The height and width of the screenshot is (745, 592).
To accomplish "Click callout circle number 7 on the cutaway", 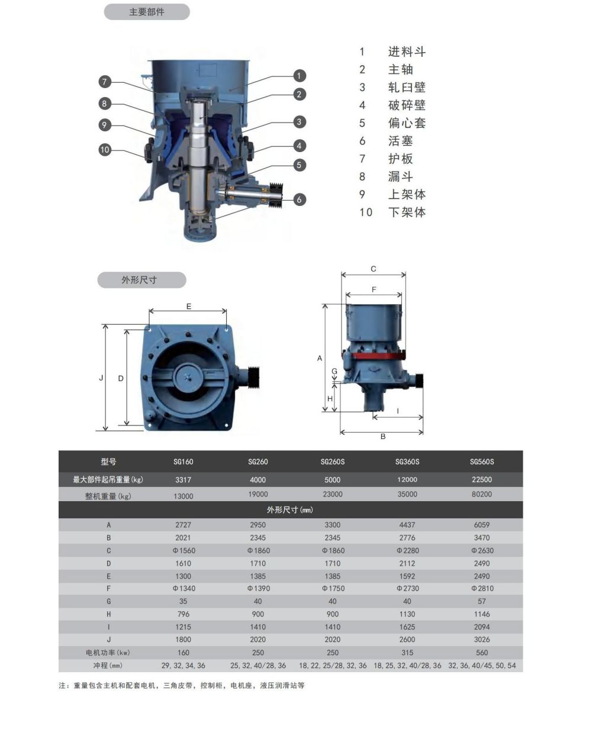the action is tap(105, 82).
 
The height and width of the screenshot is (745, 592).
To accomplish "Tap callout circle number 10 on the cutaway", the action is tap(105, 150).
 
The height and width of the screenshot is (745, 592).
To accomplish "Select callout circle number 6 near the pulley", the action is tap(300, 199).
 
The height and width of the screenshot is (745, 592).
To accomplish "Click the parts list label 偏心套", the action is tap(407, 123).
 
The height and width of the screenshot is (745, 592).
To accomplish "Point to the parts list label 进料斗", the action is tap(407, 52).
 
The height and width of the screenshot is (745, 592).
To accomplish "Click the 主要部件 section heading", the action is tap(147, 12).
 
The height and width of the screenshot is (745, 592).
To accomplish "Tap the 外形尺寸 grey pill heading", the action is tap(141, 280).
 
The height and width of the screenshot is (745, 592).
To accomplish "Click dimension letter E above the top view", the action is tap(189, 307).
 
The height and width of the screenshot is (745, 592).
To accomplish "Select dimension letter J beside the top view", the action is tap(101, 378).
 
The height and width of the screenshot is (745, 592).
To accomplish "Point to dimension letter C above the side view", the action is tap(374, 269).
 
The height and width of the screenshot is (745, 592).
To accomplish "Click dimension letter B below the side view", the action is tap(383, 437).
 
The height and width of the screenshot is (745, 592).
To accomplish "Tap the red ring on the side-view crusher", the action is tap(374, 356).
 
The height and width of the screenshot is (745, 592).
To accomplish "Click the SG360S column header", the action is tap(407, 462).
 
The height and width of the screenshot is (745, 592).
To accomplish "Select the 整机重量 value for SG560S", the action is tap(481, 494).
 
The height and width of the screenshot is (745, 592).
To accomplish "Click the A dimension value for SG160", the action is tap(183, 525).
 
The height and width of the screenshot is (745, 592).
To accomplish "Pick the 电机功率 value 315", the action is tap(407, 653).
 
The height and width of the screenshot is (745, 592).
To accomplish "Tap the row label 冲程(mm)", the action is tap(108, 665).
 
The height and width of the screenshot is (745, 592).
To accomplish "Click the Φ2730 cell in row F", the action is tap(408, 588).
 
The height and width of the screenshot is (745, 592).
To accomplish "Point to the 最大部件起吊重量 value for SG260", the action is tap(258, 480).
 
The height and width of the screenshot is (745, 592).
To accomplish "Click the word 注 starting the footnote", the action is tap(62, 685).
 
